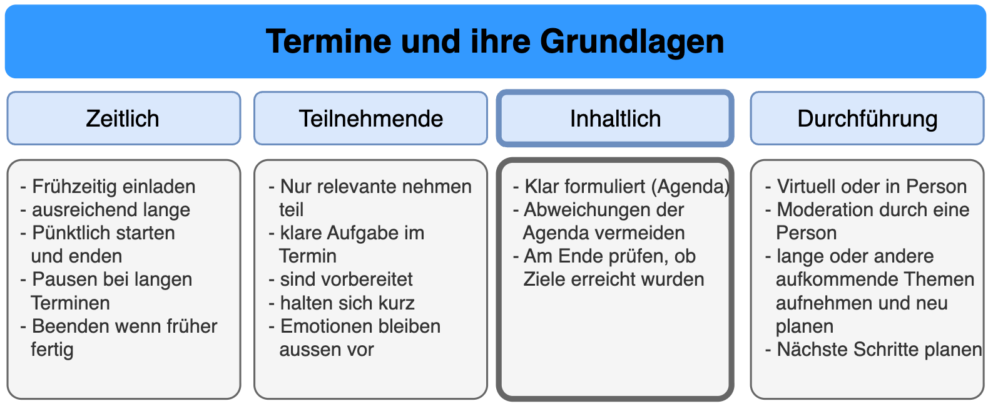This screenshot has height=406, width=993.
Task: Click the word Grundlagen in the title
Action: [x=632, y=43]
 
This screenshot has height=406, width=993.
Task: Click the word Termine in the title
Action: [x=328, y=42]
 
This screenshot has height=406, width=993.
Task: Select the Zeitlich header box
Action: [x=124, y=118]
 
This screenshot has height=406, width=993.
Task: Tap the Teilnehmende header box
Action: [x=370, y=118]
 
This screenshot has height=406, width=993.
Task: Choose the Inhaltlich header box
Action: [x=615, y=118]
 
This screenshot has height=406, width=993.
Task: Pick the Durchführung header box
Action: [x=867, y=118]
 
